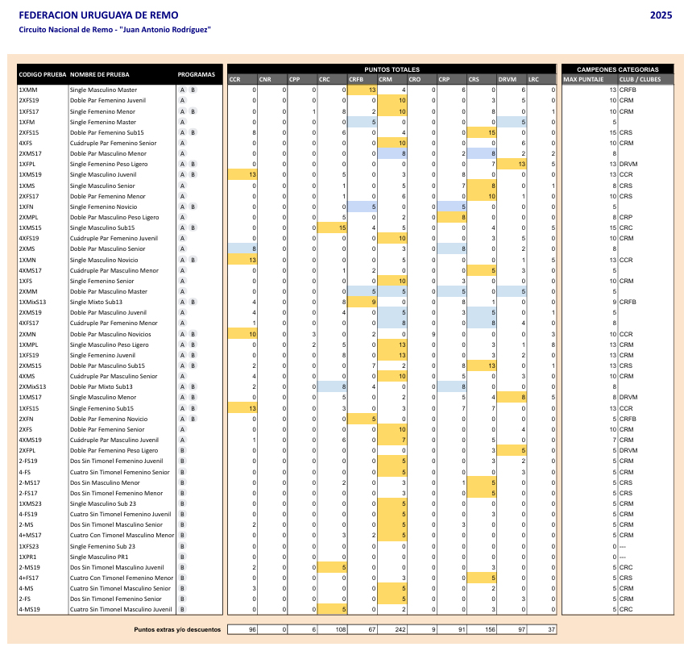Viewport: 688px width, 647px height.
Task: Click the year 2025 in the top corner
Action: tap(661, 15)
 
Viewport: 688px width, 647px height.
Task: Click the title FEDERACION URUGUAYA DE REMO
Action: tap(98, 15)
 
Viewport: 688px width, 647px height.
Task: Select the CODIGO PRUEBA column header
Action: tap(43, 74)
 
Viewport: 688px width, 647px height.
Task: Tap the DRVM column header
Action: tap(507, 79)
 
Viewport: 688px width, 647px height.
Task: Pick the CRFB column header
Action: tap(356, 79)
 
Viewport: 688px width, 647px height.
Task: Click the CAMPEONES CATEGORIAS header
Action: tap(618, 69)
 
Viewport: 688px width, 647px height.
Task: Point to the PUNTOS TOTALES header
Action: tap(392, 69)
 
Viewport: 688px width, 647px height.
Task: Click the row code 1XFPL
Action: tap(27, 164)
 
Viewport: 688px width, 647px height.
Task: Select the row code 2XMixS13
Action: tap(32, 386)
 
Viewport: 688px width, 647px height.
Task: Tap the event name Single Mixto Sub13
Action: tap(96, 302)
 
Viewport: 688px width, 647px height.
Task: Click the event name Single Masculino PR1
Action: tap(97, 557)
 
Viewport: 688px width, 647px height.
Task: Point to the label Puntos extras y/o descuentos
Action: tap(176, 629)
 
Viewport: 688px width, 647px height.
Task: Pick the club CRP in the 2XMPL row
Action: tap(627, 217)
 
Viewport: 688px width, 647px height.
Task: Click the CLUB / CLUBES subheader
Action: tap(635, 79)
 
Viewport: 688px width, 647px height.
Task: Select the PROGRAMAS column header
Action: tap(197, 74)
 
